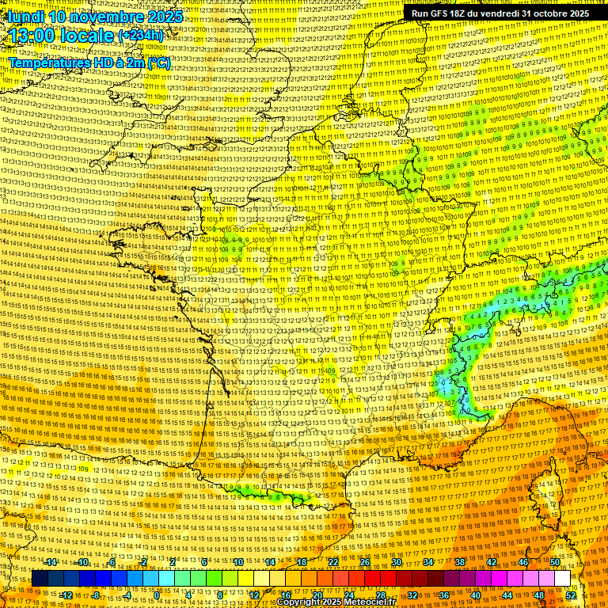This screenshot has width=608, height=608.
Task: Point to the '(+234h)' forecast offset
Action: (142, 36)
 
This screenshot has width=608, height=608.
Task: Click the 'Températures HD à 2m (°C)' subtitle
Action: (89, 63)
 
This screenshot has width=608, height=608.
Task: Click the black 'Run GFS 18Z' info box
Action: (500, 13)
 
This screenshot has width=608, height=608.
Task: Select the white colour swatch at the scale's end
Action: (562, 579)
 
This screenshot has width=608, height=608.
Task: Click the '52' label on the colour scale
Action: (571, 595)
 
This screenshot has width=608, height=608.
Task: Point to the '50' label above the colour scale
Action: (555, 562)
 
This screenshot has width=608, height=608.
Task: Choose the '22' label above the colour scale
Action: (333, 562)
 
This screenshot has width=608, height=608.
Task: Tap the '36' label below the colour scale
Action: (444, 595)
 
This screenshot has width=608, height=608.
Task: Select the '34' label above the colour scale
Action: (428, 562)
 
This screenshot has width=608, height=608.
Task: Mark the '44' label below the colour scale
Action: (507, 595)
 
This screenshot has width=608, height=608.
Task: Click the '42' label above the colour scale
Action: (492, 562)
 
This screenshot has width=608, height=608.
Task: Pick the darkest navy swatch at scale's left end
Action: (40, 579)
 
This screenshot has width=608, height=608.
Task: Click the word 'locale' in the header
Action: (89, 36)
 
